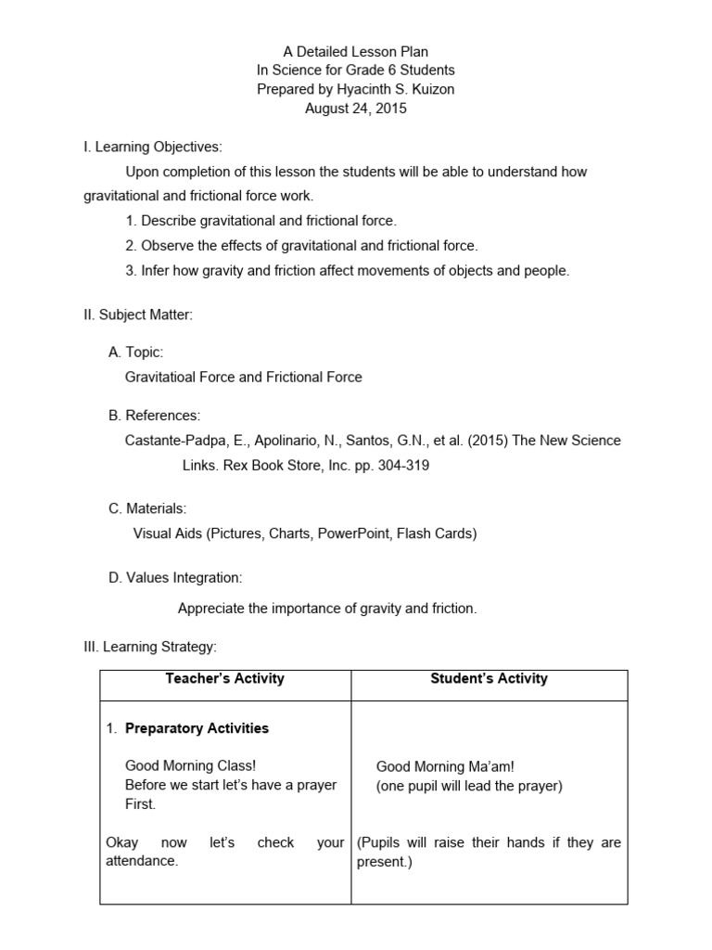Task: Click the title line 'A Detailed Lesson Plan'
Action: (356, 52)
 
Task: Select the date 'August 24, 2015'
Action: (356, 109)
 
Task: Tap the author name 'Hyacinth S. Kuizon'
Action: (399, 89)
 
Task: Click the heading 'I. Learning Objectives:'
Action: (153, 147)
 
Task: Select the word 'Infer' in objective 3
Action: (157, 271)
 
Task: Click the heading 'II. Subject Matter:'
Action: (138, 315)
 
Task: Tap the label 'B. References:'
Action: (154, 415)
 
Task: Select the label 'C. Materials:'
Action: (147, 508)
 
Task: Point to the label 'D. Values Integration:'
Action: (175, 578)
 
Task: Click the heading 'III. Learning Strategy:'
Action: (149, 647)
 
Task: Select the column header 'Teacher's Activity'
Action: (224, 678)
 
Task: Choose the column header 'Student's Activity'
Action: (489, 678)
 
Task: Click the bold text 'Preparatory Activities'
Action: (197, 728)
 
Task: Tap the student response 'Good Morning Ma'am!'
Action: (444, 766)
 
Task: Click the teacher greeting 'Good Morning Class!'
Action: (190, 766)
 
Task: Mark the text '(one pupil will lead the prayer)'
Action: (468, 786)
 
